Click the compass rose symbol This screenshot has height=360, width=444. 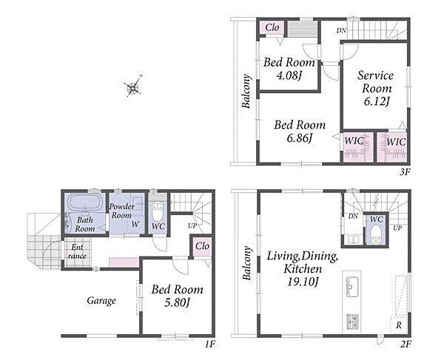[133, 86]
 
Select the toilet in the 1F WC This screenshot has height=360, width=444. [158, 211]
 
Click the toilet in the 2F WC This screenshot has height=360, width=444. [376, 234]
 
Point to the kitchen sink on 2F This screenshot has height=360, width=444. [352, 287]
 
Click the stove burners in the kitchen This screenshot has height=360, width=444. [352, 322]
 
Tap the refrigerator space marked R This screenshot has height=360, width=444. [399, 325]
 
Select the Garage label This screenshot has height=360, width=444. [101, 301]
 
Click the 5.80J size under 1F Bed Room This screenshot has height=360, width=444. [177, 303]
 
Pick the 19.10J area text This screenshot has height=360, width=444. [303, 282]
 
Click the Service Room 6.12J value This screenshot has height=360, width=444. [377, 101]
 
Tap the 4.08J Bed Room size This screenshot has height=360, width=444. [289, 75]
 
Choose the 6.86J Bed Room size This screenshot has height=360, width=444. [299, 138]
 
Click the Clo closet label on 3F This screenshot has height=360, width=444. [272, 27]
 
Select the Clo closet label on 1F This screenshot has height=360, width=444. [202, 246]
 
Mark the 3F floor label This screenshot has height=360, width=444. [405, 171]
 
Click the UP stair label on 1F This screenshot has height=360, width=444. [192, 225]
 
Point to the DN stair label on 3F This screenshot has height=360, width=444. [341, 30]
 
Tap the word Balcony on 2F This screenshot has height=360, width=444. [247, 263]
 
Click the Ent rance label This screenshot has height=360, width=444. [77, 251]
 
